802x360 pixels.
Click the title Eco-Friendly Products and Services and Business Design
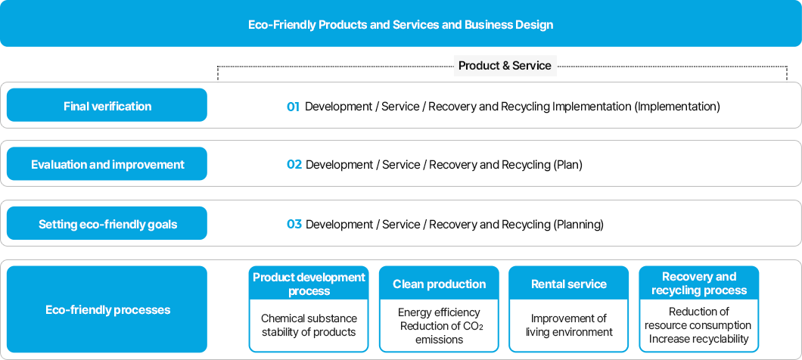pos(400,25)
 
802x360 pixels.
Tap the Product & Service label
pos(505,66)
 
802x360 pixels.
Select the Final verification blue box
pos(107,106)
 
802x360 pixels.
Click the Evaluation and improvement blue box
pos(107,164)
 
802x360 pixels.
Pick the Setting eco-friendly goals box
pos(107,224)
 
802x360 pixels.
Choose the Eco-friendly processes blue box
pos(107,309)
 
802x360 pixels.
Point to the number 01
pos(294,107)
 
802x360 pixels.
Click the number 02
pos(294,165)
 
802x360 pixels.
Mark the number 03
pos(294,225)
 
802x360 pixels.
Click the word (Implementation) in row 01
pos(677,107)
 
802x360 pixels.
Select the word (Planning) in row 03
pos(578,225)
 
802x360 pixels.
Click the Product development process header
pos(309,284)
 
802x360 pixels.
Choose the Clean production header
pos(439,284)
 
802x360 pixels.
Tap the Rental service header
pos(569,284)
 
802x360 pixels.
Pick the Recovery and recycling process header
pos(699,284)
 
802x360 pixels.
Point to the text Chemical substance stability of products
pos(309,325)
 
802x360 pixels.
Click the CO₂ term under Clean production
pos(471,326)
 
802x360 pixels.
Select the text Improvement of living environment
pos(569,325)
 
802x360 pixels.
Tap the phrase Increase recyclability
pos(699,339)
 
